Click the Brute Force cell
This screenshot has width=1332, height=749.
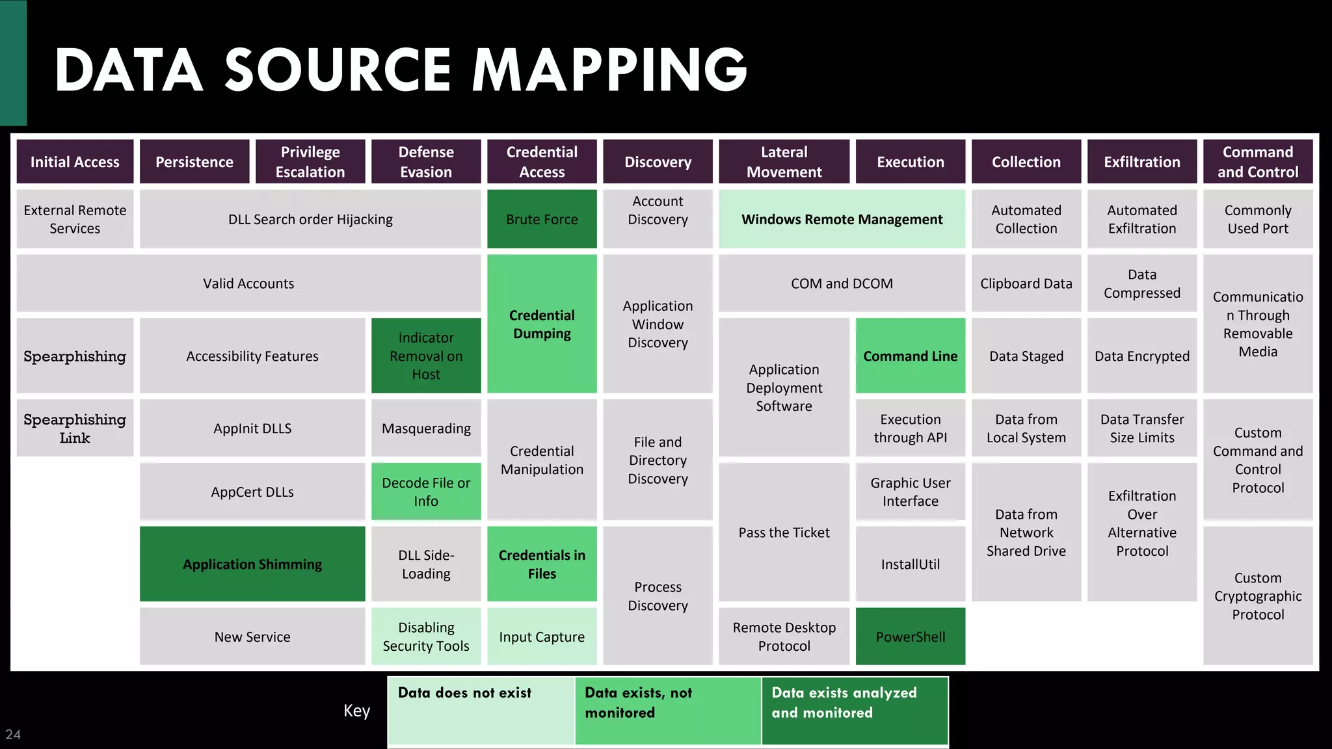[542, 219]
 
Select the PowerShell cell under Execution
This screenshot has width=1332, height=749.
[910, 637]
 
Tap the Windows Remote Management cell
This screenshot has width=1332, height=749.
[842, 219]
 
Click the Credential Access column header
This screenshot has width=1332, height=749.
[542, 161]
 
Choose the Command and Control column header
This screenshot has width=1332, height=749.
[1257, 161]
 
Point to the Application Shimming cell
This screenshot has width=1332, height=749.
[252, 564]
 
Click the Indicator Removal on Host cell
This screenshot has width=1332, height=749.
[426, 356]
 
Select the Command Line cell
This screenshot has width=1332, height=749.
[910, 356]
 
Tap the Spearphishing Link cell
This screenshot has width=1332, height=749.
[75, 428]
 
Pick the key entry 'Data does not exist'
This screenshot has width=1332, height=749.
[481, 711]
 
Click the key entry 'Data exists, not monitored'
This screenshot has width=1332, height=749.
[668, 711]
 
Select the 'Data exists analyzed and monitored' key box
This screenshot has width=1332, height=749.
[855, 711]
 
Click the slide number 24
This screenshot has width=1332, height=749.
[13, 734]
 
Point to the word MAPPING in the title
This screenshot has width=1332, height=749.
[609, 70]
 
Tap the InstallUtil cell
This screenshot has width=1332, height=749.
[910, 564]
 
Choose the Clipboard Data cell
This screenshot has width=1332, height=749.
[1026, 283]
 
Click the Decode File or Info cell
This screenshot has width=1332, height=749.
[426, 492]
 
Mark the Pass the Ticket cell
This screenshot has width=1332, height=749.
[784, 532]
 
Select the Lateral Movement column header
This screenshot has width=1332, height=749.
[784, 161]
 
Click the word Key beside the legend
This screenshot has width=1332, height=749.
[356, 711]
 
